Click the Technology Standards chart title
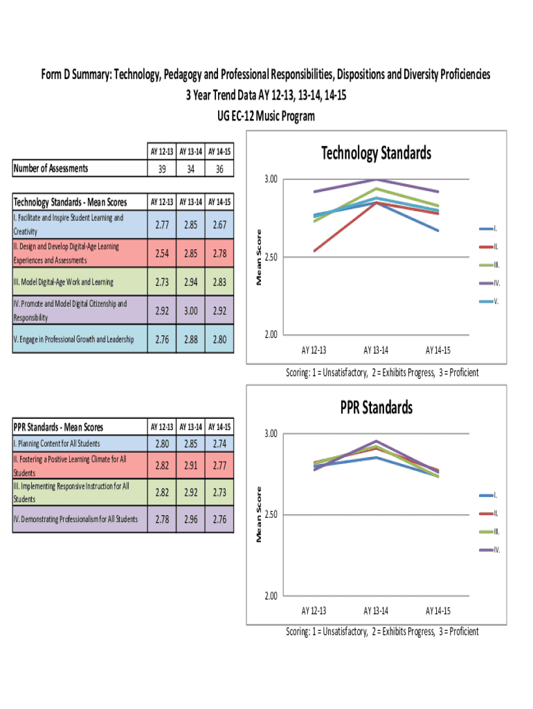[x=376, y=153]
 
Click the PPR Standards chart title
[x=376, y=407]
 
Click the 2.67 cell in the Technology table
[x=220, y=224]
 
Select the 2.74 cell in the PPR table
[x=220, y=444]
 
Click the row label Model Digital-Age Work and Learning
[x=64, y=282]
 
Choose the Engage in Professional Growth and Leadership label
[x=74, y=339]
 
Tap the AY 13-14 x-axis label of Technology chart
[x=375, y=349]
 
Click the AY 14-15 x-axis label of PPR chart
[x=437, y=611]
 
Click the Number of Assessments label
[x=52, y=168]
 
